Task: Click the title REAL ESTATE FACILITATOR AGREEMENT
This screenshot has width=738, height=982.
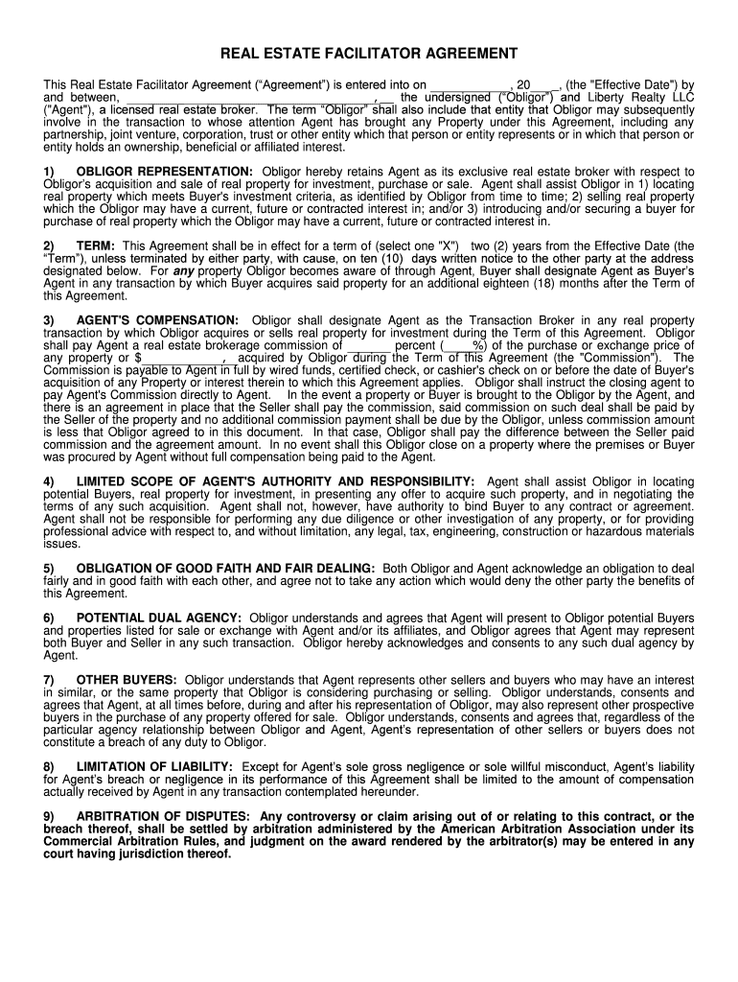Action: click(x=369, y=54)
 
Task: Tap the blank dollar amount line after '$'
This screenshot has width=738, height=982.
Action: click(x=183, y=359)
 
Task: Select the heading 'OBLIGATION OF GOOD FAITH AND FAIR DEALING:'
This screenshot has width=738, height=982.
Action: click(x=226, y=569)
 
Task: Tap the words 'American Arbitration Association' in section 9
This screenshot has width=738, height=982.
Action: click(x=478, y=830)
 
